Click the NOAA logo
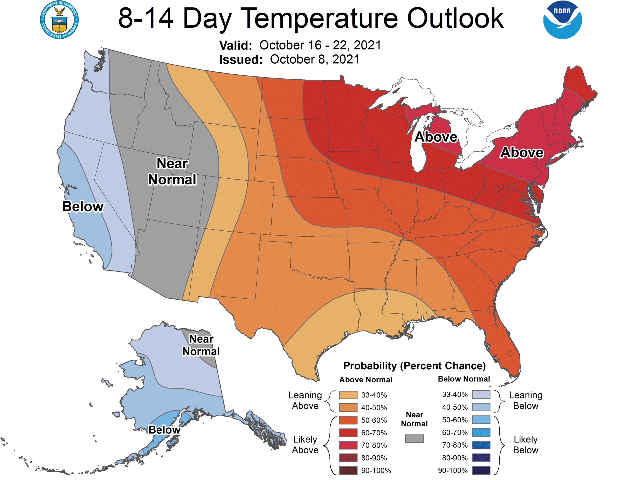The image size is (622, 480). pos(562,20)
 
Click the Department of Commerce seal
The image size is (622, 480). pos(59,20)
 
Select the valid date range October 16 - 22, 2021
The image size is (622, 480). pos(320,45)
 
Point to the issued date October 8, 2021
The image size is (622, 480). pos(314,59)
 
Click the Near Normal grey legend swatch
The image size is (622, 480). pos(414,439)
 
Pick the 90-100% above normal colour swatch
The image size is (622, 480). pos(348,470)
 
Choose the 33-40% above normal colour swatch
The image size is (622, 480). pos(348,395)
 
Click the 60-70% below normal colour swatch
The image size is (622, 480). pos(481,432)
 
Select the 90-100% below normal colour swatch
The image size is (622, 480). pos(481,470)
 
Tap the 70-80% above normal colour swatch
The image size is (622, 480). pos(348,445)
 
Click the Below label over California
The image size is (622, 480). pos(83,207)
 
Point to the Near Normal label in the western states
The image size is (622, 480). pos(172,172)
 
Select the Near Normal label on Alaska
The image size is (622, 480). pos(201,345)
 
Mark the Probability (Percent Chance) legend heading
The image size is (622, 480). pos(414,366)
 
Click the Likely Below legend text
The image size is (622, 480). pos(526,445)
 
